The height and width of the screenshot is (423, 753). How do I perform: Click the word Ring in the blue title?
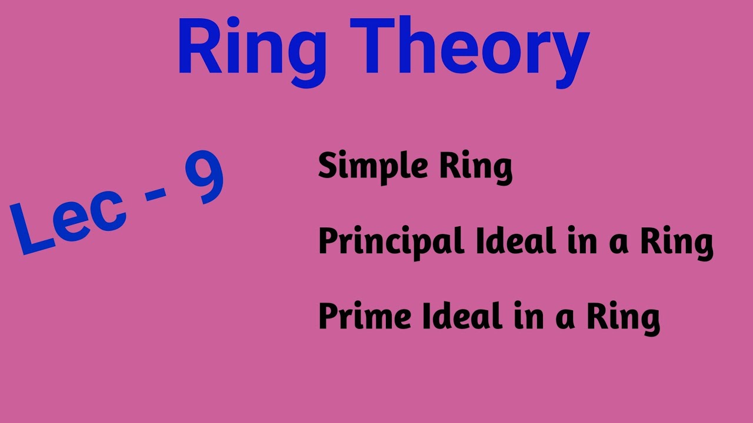(x=252, y=48)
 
